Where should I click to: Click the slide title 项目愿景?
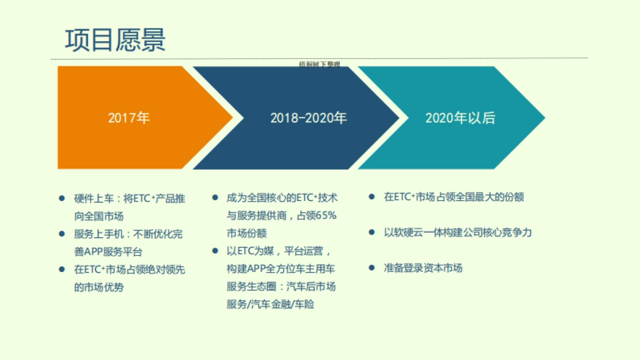[115, 40]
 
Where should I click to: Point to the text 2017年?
[129, 118]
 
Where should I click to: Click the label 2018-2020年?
[308, 118]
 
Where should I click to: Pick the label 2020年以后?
[460, 118]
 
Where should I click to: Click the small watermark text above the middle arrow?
[319, 65]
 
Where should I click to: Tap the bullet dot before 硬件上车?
[62, 198]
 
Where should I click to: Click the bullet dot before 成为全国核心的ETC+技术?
[215, 197]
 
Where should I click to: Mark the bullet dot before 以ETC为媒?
[215, 250]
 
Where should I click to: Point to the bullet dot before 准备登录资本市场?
[372, 268]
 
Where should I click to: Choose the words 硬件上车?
[91, 198]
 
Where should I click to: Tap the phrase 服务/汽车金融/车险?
[270, 305]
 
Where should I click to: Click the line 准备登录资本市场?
[422, 268]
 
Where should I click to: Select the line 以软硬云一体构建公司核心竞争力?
[458, 233]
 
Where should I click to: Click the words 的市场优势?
[99, 287]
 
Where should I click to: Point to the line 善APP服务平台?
[108, 251]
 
